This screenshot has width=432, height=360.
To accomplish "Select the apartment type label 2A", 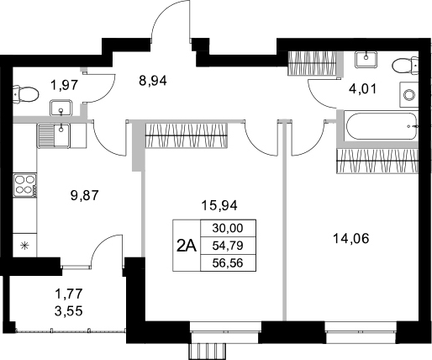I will coord(186,246).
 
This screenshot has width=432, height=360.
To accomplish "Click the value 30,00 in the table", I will coord(226,228).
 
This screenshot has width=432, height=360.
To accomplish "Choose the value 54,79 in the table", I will coord(226,245).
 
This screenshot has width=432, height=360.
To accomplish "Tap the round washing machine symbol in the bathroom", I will coord(409,94).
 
